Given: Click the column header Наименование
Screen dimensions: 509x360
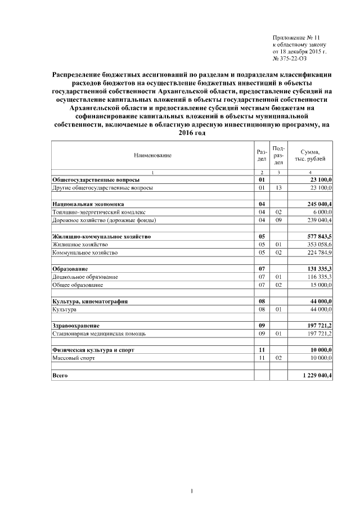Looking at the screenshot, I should coord(152,155).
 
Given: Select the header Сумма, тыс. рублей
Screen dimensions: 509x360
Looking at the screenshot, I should coord(310,155).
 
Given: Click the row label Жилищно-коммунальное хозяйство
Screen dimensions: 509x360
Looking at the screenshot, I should coord(101,237).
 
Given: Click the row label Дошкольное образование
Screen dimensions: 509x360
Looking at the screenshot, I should coord(84,278).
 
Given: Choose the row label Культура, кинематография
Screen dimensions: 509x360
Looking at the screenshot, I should coord(89,302).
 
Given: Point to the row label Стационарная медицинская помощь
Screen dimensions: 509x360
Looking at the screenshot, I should coord(98,334).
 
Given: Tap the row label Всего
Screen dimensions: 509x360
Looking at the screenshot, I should coord(60,375).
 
